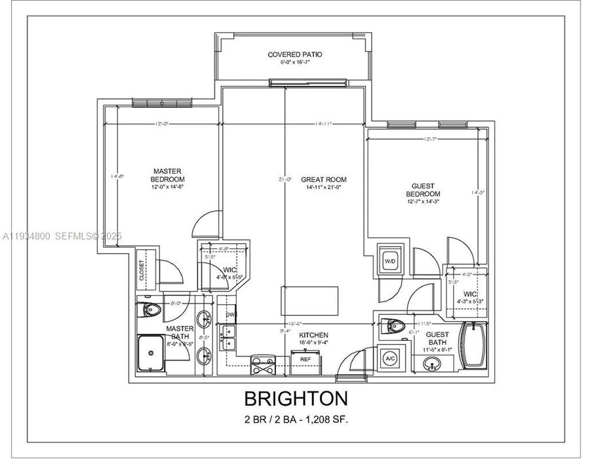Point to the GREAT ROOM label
tap(324, 179)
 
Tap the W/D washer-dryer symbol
tap(391, 260)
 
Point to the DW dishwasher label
tap(229, 314)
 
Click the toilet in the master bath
tap(152, 310)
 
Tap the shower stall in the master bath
tap(152, 354)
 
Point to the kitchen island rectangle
tap(309, 301)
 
